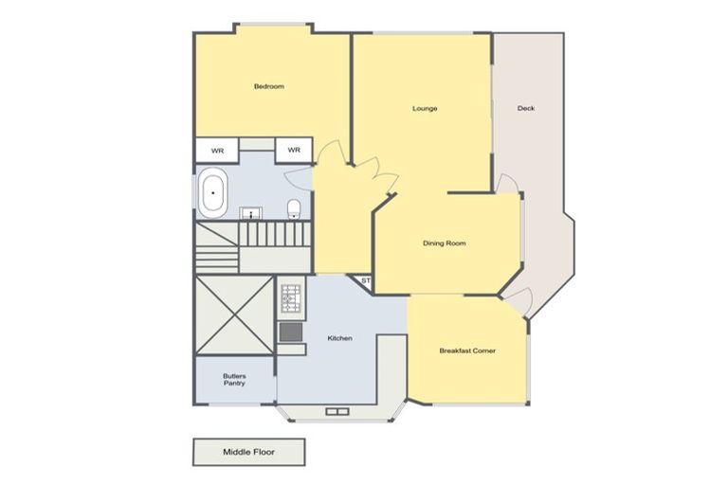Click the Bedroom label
(x=268, y=87)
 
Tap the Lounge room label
(x=425, y=108)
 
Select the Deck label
(x=526, y=108)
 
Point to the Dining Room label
(x=444, y=243)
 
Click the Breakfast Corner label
(x=467, y=350)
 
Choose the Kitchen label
(x=340, y=338)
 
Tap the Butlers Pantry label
(x=234, y=379)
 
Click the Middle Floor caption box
(x=249, y=452)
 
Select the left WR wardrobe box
(x=217, y=151)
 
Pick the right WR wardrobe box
(x=294, y=151)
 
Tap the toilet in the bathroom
(x=294, y=208)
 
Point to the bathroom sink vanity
(x=251, y=212)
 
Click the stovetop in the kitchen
(x=290, y=300)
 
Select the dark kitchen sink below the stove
(x=290, y=332)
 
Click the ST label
(x=365, y=280)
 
